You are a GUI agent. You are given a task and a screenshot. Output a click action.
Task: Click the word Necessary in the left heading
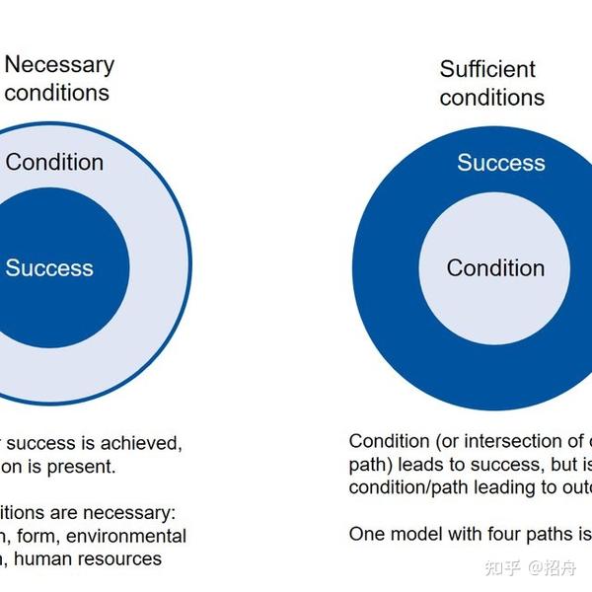(60, 65)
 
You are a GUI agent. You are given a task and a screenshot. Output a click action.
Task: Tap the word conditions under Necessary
(57, 94)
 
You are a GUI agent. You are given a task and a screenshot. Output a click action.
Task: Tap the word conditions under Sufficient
(492, 98)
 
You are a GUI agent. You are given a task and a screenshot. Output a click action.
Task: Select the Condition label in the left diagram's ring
(54, 162)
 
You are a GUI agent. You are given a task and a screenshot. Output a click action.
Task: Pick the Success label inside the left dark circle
(49, 267)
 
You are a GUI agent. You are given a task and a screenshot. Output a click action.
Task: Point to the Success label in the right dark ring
(500, 163)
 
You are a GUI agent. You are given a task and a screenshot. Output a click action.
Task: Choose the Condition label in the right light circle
(495, 267)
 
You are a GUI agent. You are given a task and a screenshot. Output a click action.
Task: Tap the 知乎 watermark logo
(504, 567)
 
